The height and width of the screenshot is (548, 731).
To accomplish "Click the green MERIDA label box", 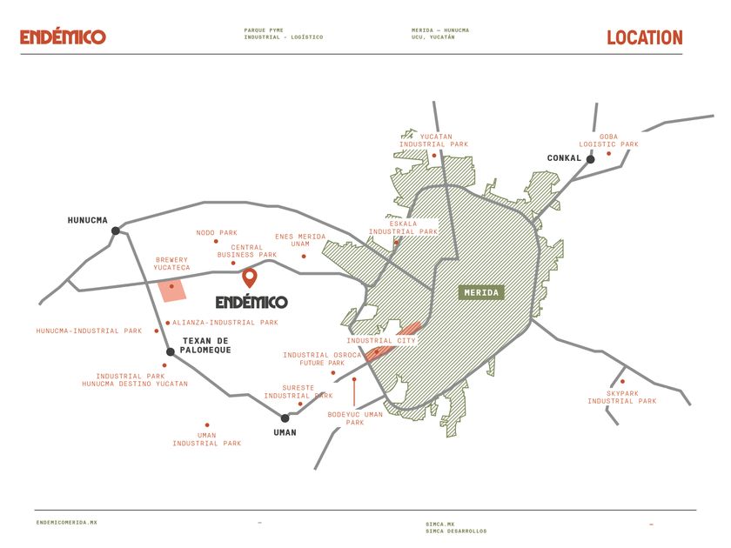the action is [x=481, y=292].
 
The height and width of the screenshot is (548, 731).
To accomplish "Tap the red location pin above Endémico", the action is [x=250, y=277].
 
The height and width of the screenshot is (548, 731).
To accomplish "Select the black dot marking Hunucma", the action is [x=116, y=231].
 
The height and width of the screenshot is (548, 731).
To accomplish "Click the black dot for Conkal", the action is [x=590, y=159].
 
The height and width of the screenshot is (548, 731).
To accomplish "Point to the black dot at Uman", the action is [x=285, y=418].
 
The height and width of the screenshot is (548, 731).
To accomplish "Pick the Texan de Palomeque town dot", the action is [x=171, y=351].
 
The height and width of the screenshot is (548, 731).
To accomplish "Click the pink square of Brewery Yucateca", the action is [x=172, y=291].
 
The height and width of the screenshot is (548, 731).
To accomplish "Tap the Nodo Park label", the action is [x=217, y=232].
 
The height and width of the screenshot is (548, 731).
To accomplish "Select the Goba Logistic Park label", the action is [x=608, y=140].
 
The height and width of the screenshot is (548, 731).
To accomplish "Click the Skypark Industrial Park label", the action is [x=622, y=397].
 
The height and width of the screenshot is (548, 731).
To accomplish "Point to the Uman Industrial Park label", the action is [x=207, y=439].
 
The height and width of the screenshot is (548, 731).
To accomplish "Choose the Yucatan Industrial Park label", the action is [x=433, y=140].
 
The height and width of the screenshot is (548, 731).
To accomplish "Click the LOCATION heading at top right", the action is [x=645, y=37].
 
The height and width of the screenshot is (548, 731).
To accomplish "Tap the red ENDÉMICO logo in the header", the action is [x=63, y=37].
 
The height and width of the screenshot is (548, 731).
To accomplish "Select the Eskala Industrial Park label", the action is [x=403, y=227].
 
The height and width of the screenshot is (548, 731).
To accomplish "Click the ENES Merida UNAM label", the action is [x=300, y=240].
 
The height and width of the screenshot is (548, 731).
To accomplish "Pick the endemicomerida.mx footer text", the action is [x=67, y=523].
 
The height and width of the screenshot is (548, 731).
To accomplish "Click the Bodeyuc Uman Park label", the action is [x=355, y=418].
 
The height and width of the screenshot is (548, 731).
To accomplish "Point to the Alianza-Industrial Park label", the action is [x=225, y=323].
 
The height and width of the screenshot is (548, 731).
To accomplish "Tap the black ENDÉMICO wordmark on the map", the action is [x=251, y=302].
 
